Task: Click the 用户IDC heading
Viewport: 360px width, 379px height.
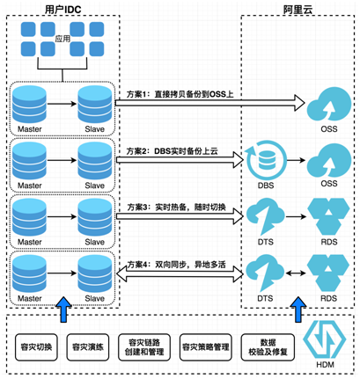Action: (x=62, y=9)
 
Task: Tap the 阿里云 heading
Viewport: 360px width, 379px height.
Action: (x=298, y=9)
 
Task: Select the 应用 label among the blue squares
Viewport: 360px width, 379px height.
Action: (x=62, y=39)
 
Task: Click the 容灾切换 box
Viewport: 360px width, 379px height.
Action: (x=36, y=347)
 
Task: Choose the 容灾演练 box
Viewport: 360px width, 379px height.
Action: (x=88, y=347)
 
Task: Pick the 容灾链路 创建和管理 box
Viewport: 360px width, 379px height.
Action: (x=144, y=347)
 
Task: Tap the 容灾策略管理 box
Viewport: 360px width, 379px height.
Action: (x=205, y=347)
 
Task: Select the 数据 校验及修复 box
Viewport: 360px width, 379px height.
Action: (x=268, y=347)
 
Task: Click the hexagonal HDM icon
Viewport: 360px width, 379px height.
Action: (x=325, y=339)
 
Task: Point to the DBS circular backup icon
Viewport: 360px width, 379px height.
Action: (x=267, y=160)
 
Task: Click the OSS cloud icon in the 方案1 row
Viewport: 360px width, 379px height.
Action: (x=329, y=104)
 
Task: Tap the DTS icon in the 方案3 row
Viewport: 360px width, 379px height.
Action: (x=265, y=217)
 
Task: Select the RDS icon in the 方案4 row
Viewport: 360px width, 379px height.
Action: (x=328, y=273)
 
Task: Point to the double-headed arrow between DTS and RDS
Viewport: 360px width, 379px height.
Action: (x=296, y=273)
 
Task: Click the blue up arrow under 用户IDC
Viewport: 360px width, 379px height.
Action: (x=63, y=310)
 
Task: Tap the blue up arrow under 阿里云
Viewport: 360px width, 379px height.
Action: (x=298, y=310)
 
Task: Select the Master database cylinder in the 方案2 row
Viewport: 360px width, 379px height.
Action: (x=29, y=160)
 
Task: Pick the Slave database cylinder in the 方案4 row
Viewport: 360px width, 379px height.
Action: (x=95, y=273)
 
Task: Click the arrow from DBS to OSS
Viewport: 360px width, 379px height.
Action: (x=297, y=160)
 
